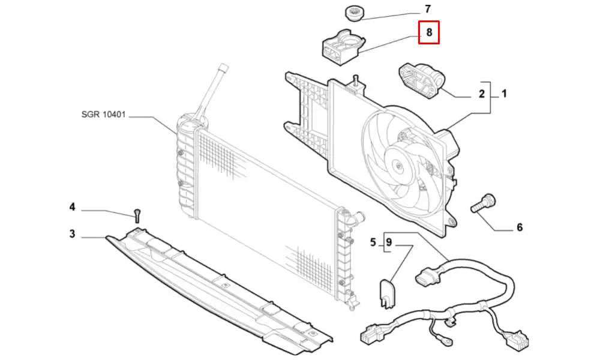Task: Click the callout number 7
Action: pos(427,9)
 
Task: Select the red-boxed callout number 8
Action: pos(429,32)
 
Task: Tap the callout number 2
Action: pos(482,94)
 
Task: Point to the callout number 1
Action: pos(505,94)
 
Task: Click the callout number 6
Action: pos(519,227)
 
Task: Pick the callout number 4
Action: pos(73,208)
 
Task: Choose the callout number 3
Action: pos(73,234)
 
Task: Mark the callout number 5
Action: pos(373,242)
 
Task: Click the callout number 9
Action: pos(389,242)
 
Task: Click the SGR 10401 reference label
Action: pos(103,115)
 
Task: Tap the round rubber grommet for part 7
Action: pos(355,13)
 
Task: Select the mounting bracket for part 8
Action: pos(342,47)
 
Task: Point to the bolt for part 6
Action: pos(483,203)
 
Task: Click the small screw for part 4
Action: pos(137,215)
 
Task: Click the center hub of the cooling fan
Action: pos(399,166)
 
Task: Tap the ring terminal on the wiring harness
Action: pos(446,340)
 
